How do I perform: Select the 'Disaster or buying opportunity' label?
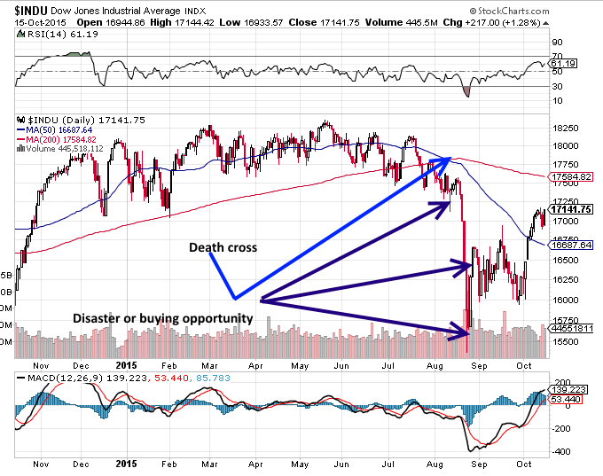coord(163,317)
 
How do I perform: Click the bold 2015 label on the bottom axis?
coord(127,464)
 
